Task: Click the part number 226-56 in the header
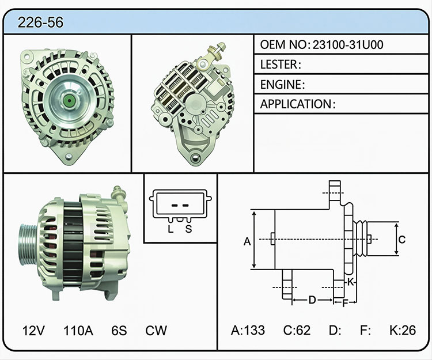click(x=40, y=22)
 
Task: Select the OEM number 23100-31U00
click(x=348, y=44)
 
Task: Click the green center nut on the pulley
click(x=68, y=99)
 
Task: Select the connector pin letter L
click(x=171, y=229)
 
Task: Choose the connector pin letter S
click(x=188, y=229)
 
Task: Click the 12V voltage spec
click(x=33, y=331)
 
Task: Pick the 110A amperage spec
click(x=78, y=331)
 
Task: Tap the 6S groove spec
click(x=119, y=331)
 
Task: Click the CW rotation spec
click(x=156, y=331)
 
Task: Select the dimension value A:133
click(x=248, y=330)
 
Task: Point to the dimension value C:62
click(x=297, y=330)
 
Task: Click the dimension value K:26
click(x=403, y=330)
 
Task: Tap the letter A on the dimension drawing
click(x=247, y=241)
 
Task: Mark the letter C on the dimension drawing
click(x=402, y=240)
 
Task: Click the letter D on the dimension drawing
click(x=312, y=300)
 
